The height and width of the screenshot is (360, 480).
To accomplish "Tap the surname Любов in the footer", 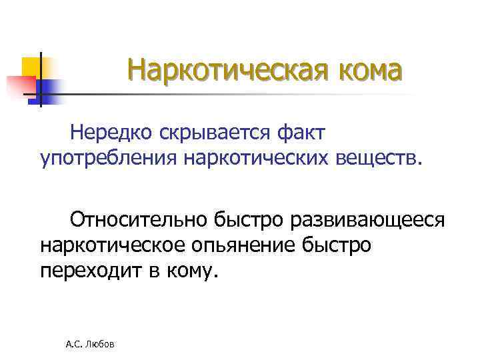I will pos(101,345).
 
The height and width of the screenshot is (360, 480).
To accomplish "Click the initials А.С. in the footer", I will pos(75,345).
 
